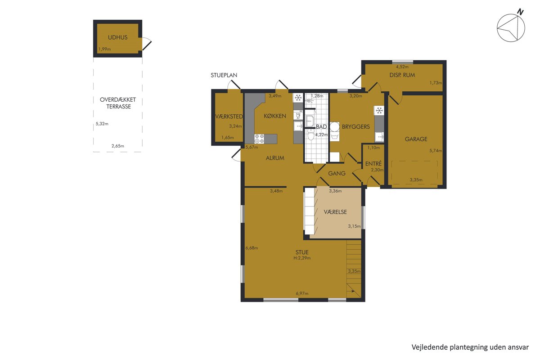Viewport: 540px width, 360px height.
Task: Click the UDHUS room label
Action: tap(117, 37)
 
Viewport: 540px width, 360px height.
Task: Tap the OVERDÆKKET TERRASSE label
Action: tap(118, 103)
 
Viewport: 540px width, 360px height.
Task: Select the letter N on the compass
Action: tap(521, 12)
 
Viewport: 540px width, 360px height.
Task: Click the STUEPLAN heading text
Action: tap(224, 75)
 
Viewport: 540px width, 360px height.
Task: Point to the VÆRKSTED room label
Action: tap(229, 117)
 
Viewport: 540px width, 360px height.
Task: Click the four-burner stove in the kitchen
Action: tap(259, 139)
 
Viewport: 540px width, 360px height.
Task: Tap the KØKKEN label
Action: tap(275, 116)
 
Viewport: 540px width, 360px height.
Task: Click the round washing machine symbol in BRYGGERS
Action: tap(335, 126)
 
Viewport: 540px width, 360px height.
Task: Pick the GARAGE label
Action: tap(416, 139)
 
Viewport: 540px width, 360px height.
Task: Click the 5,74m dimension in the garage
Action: tap(436, 151)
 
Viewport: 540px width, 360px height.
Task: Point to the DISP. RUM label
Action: tap(402, 75)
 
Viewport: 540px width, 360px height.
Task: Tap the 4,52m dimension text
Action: tap(402, 67)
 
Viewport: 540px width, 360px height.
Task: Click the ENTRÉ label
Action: tap(373, 164)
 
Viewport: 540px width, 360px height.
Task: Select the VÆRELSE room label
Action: tap(335, 212)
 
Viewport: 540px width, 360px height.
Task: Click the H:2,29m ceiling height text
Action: tap(302, 258)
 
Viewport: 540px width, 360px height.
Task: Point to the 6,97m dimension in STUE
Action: tap(302, 293)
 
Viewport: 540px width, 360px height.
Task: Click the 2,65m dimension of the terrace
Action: tap(118, 146)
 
